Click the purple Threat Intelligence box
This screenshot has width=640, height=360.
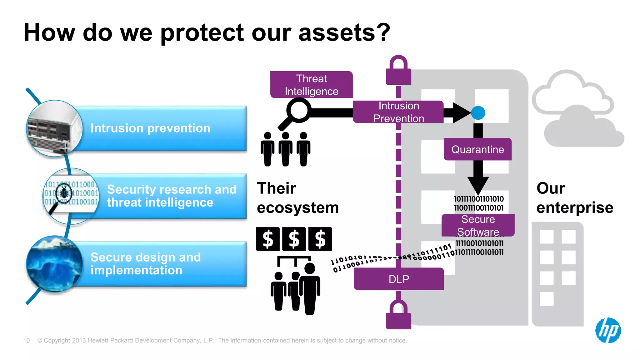pos(311,85)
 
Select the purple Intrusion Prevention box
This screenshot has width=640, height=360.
pos(398,112)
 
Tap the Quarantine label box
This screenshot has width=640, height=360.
pos(477,149)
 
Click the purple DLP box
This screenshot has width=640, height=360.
pos(399,279)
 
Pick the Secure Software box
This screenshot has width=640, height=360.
pos(478,225)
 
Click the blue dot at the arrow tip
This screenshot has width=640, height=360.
pos(478,113)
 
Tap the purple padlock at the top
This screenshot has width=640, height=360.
pos(398,72)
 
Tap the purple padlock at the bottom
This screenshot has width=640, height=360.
pos(398,316)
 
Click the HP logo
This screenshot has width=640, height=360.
pos(608,330)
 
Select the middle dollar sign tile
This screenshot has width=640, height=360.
pos(294,239)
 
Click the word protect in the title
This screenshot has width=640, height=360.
pos(202,33)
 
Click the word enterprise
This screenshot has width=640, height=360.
pos(574,208)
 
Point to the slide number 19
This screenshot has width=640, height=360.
pos(27,341)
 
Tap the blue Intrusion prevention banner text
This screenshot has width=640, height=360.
pos(150,128)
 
